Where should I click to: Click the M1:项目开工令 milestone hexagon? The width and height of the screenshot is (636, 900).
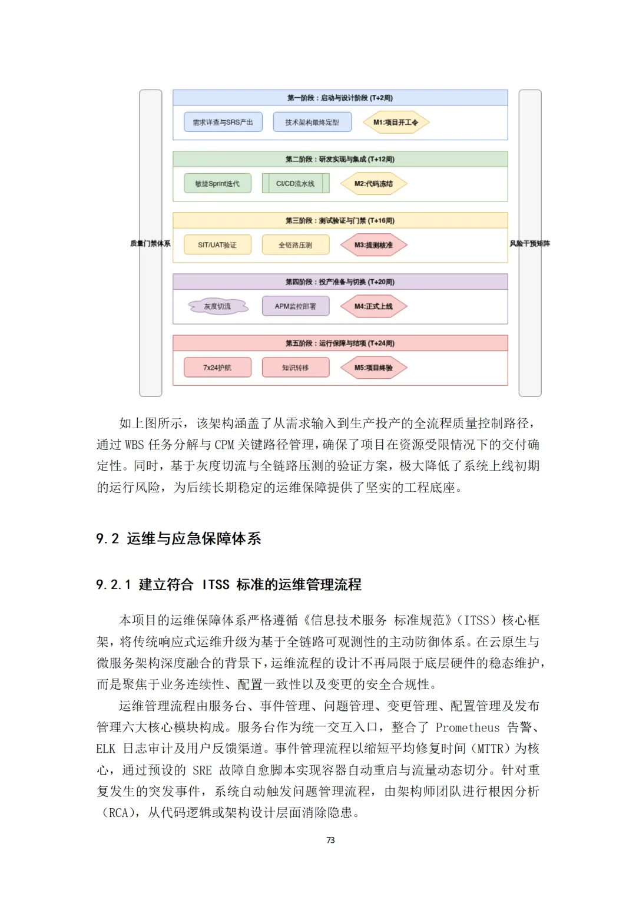(x=396, y=123)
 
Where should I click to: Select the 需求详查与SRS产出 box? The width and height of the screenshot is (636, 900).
(x=223, y=123)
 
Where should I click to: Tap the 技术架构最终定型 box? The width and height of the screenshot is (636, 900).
(x=312, y=123)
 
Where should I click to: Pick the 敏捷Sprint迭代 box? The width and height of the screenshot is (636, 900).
(x=217, y=184)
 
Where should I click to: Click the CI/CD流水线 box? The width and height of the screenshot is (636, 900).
(x=296, y=184)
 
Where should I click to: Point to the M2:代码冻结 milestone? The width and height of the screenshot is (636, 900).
(x=373, y=184)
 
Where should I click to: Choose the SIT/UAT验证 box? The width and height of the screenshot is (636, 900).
(x=217, y=245)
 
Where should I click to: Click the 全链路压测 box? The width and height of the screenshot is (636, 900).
(x=296, y=245)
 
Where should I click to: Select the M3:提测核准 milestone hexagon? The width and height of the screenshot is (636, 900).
(x=373, y=245)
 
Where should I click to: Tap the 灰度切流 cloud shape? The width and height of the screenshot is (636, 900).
(x=217, y=306)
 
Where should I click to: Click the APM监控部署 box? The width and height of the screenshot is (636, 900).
(x=296, y=306)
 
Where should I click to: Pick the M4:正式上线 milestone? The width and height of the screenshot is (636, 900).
(x=373, y=306)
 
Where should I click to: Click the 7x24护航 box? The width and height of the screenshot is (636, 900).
(x=217, y=368)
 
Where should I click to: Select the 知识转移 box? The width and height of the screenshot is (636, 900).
(x=296, y=368)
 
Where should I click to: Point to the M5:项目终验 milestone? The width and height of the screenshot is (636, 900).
(x=373, y=368)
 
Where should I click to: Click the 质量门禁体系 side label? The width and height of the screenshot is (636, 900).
(x=150, y=243)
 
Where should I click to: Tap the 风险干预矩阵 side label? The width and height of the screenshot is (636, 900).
(x=529, y=243)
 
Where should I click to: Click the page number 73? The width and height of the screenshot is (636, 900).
(x=330, y=840)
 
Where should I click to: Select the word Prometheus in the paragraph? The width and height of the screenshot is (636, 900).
(x=467, y=727)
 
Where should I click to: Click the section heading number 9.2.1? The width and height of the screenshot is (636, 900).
(x=113, y=585)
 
